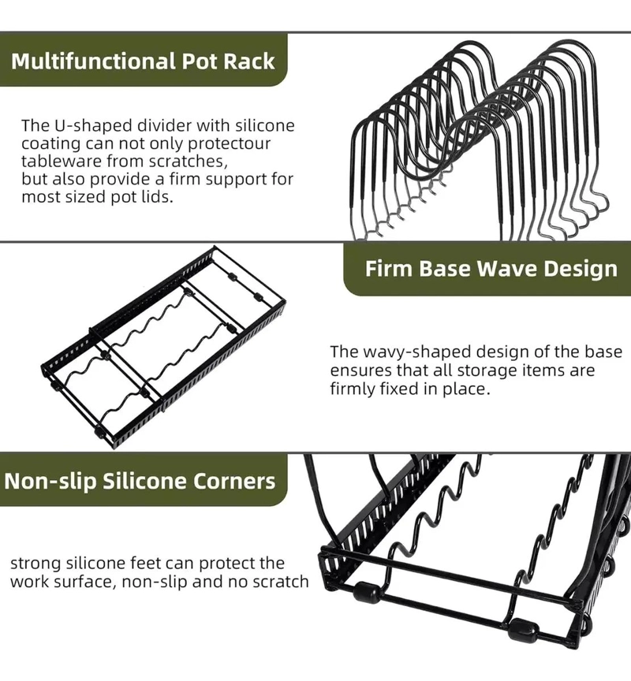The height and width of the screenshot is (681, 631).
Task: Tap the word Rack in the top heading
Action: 249,61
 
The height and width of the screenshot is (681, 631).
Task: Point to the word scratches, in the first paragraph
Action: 189,161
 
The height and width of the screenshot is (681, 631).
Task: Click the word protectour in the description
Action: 229,143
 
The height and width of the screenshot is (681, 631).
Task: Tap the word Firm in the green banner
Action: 389,269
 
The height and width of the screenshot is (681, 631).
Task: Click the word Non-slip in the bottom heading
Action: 50,482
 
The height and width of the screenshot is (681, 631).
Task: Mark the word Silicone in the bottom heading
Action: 144,482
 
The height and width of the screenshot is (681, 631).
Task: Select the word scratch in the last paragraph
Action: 280,582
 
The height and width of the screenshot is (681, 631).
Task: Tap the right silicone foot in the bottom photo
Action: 523,629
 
